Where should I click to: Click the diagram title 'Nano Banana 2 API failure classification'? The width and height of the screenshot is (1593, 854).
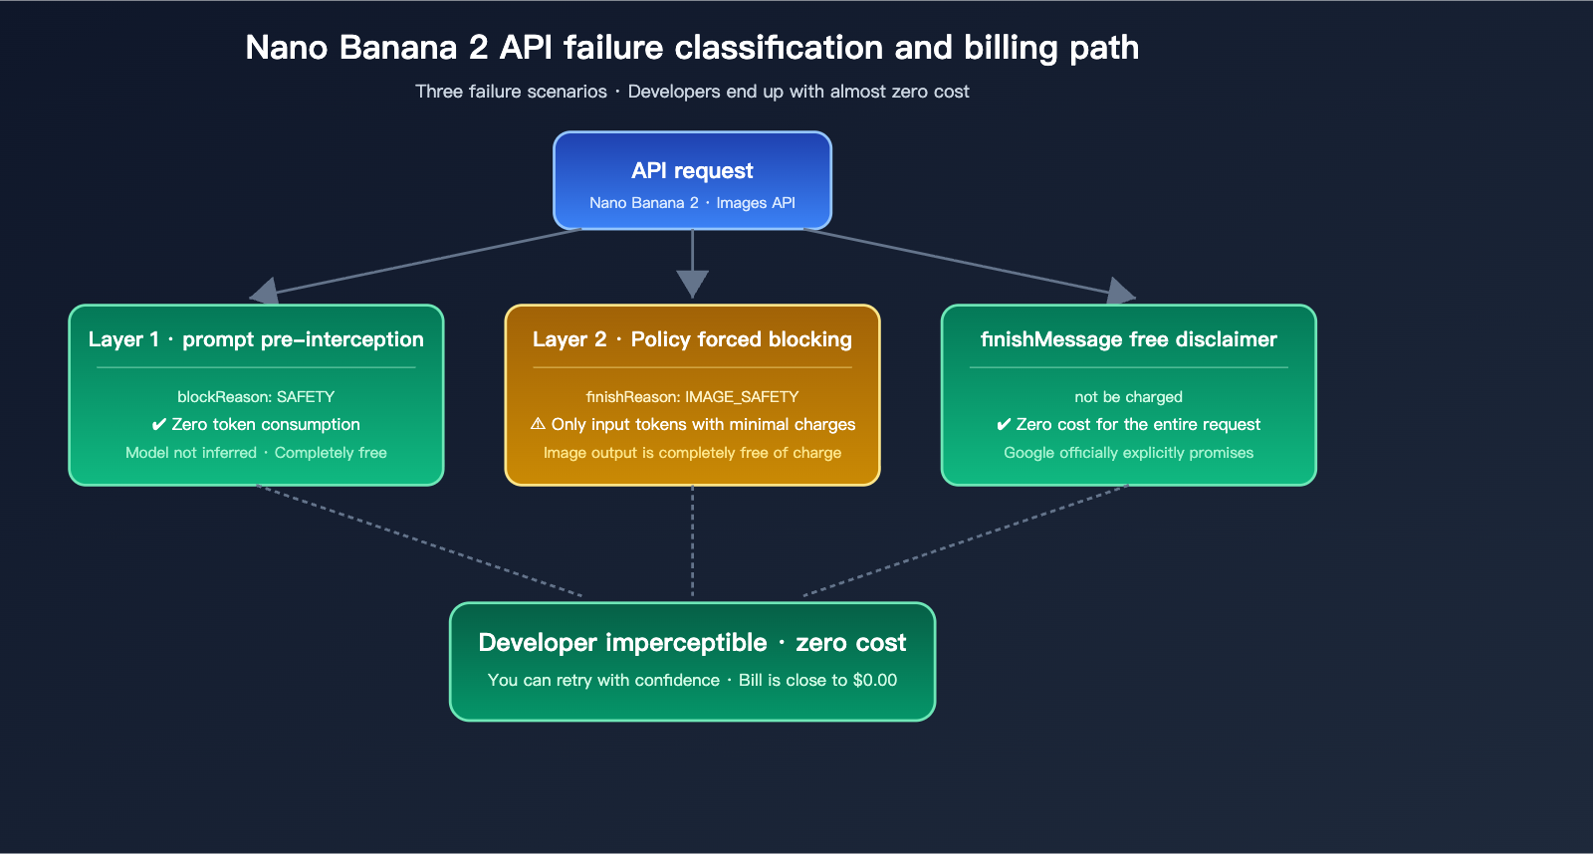point(691,48)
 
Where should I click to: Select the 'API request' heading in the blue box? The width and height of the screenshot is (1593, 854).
point(692,170)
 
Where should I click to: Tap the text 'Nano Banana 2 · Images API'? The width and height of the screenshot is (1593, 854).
point(692,203)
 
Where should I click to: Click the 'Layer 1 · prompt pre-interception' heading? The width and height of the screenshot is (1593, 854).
point(256,339)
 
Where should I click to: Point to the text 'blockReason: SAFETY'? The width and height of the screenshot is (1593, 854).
point(256,396)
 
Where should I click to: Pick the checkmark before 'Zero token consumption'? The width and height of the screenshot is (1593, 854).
point(158,425)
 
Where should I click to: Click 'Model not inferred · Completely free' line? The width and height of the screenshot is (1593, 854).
point(256,453)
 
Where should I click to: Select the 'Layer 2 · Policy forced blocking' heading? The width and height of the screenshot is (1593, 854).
point(692,339)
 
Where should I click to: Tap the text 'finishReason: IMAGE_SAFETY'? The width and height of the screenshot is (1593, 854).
point(692,396)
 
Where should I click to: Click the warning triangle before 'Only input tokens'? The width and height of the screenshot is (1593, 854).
point(538,424)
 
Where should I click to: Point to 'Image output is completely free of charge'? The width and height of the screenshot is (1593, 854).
point(692,453)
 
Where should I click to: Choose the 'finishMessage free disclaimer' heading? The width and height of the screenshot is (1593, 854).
point(1128,339)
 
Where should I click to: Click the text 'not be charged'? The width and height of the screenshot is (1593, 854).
point(1128,396)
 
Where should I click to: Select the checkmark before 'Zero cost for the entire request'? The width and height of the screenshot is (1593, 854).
point(1004,425)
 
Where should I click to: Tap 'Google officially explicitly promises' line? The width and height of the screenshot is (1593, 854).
point(1128,453)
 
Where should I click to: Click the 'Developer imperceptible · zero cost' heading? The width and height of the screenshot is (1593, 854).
point(692,643)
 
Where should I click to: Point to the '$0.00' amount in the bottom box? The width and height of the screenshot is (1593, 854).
point(875,680)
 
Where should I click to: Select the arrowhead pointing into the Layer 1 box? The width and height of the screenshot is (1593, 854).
point(265,292)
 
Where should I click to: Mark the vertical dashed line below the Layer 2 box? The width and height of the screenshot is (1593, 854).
point(692,542)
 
